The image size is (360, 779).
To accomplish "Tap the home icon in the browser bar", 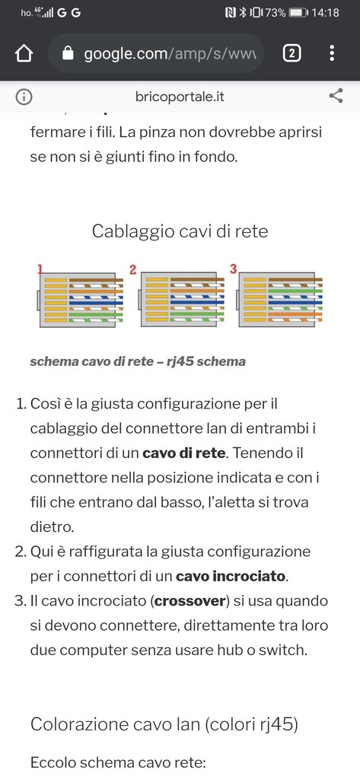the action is pos(24,53).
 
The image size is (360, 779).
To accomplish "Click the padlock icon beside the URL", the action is pos(68,53).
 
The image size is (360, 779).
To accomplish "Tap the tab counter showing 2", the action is pos(292,53).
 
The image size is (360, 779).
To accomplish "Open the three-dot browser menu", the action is pos(332,53).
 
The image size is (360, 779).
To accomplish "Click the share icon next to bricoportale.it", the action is pos(336,96).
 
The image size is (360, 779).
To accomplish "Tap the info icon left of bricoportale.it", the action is pos(24,97).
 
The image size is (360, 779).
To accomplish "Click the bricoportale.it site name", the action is pos(180,97).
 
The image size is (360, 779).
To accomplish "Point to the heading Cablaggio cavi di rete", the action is pos(180,231).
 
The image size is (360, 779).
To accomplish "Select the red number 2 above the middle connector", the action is pos(132,270).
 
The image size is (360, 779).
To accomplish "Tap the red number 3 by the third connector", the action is pos(233,269).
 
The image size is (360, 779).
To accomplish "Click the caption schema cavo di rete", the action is pos(91,361).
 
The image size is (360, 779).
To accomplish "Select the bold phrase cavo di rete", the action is pos(184,453).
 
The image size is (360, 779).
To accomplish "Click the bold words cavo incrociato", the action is pos(231,577).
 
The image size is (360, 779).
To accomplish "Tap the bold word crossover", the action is pos(190,601).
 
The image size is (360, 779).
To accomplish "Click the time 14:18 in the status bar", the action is pos(325,13).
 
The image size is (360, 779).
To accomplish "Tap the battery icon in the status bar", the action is pos(298,13).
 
